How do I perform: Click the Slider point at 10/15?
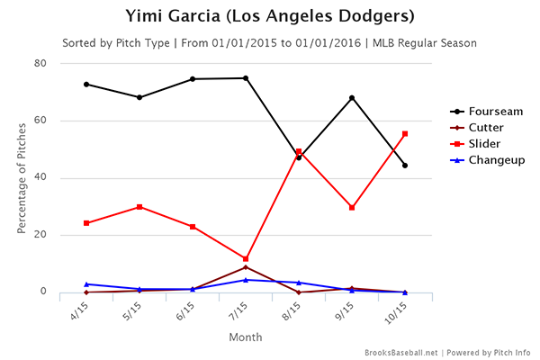coord(405,134)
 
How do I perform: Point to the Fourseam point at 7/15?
coord(246,78)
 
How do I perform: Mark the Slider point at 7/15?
coord(246,259)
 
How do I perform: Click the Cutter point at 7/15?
coord(246,267)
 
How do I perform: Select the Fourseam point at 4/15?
coord(86,85)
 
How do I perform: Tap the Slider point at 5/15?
coord(139,207)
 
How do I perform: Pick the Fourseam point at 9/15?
coord(352,98)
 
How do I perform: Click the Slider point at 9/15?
coord(352,208)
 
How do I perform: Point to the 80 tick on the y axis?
coord(41,64)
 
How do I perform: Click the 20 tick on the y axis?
coord(41,235)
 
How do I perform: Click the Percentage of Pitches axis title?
coord(22,177)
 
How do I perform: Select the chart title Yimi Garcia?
coord(270,18)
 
